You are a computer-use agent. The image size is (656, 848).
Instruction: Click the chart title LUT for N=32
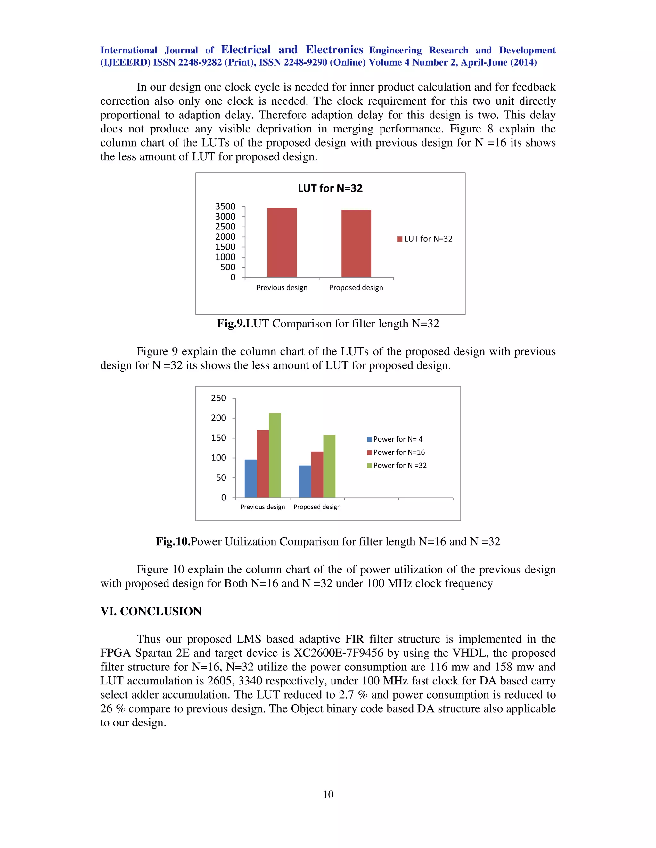click(x=330, y=188)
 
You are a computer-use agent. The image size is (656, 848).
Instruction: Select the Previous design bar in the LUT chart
click(x=282, y=243)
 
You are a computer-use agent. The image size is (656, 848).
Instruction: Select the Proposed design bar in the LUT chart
click(x=356, y=244)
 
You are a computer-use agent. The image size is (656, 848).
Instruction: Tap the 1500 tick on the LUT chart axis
click(x=225, y=247)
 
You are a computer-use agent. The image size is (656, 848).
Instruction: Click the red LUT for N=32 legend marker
click(x=399, y=239)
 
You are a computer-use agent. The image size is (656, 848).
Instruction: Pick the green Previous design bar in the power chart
click(x=275, y=455)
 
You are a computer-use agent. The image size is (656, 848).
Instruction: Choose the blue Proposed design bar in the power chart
click(x=305, y=482)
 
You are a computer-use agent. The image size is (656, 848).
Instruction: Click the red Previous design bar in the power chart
click(x=263, y=464)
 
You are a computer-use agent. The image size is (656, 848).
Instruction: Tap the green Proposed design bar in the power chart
click(x=329, y=466)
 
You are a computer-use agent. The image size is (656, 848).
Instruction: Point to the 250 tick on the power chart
click(x=218, y=398)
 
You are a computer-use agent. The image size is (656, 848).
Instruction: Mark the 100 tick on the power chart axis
click(x=218, y=458)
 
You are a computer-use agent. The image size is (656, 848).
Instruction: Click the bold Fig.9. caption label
click(x=231, y=324)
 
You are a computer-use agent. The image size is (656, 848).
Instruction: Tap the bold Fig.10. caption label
click(x=173, y=542)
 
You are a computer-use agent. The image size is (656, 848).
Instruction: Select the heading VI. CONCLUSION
click(x=151, y=612)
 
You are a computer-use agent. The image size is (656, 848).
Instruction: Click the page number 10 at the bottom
click(x=328, y=795)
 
